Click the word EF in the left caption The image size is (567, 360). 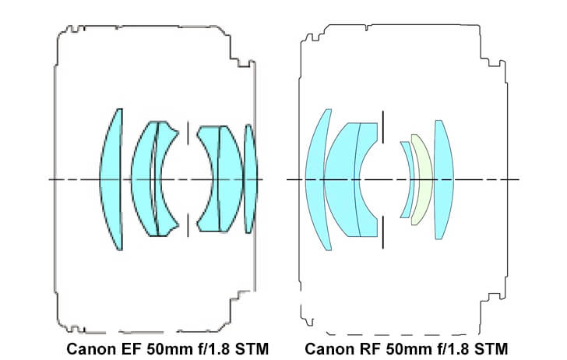click(130, 349)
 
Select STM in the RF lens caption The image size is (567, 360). click(491, 349)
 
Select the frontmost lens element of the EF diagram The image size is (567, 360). click(112, 179)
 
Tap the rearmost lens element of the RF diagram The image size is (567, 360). click(443, 179)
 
